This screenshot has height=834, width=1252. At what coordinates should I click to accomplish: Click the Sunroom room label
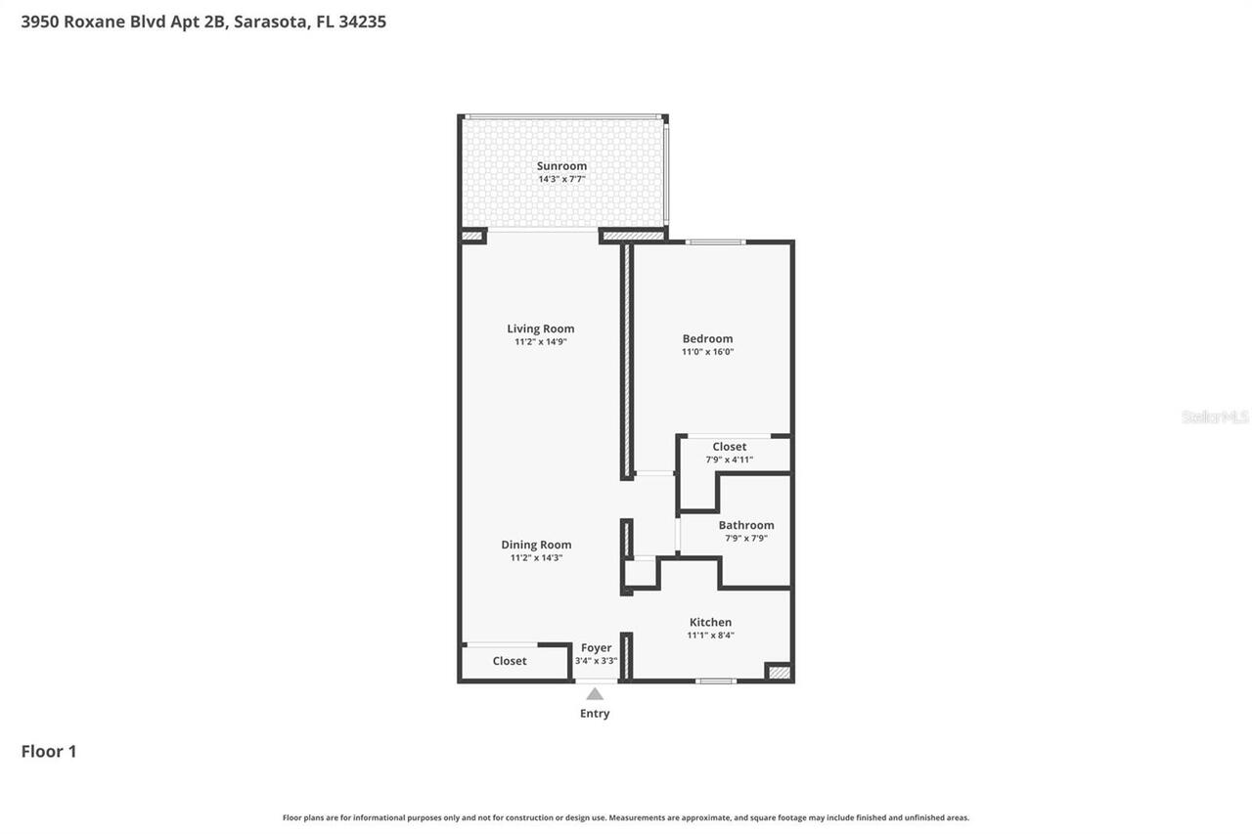[561, 166]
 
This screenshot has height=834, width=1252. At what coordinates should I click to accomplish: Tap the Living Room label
[540, 329]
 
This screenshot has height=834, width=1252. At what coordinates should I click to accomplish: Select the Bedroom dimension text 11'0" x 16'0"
[707, 352]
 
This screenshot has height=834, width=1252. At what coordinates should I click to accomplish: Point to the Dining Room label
[536, 545]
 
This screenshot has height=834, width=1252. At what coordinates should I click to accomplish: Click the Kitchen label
[710, 622]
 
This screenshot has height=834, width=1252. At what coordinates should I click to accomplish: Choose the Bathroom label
[745, 525]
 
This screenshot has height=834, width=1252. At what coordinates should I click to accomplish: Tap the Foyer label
[596, 647]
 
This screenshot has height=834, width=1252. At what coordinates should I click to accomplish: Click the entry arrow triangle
[595, 694]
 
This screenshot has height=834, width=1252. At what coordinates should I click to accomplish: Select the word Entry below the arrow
[595, 714]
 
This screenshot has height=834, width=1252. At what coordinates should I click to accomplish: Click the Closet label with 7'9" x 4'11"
[729, 447]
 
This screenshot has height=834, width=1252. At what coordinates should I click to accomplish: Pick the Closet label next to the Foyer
[510, 661]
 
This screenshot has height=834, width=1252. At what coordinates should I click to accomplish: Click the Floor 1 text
[49, 751]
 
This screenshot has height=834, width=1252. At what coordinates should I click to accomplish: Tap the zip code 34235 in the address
[362, 22]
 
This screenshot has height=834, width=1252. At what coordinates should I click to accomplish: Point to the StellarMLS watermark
[1215, 417]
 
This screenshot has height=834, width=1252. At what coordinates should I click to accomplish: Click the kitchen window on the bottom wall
[716, 680]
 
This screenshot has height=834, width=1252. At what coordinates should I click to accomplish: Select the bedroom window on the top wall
[715, 241]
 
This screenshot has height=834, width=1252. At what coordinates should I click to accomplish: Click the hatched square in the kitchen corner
[778, 672]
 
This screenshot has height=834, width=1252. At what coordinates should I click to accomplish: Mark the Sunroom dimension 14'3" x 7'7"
[561, 179]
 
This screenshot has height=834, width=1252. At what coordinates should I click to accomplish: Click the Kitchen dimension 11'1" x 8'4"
[710, 636]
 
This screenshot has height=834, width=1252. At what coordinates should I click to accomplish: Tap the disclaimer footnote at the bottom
[626, 817]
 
